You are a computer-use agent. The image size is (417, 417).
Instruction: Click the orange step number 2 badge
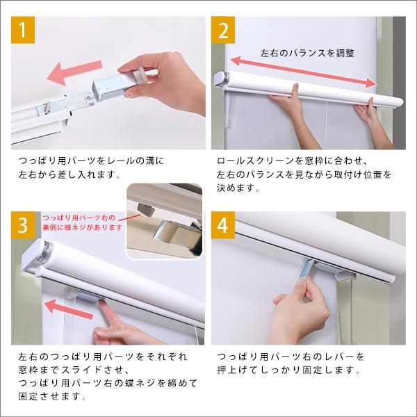(223, 32)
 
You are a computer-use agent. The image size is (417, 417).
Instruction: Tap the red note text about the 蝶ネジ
(82, 222)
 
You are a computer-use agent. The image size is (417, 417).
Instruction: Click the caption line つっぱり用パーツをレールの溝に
(92, 161)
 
